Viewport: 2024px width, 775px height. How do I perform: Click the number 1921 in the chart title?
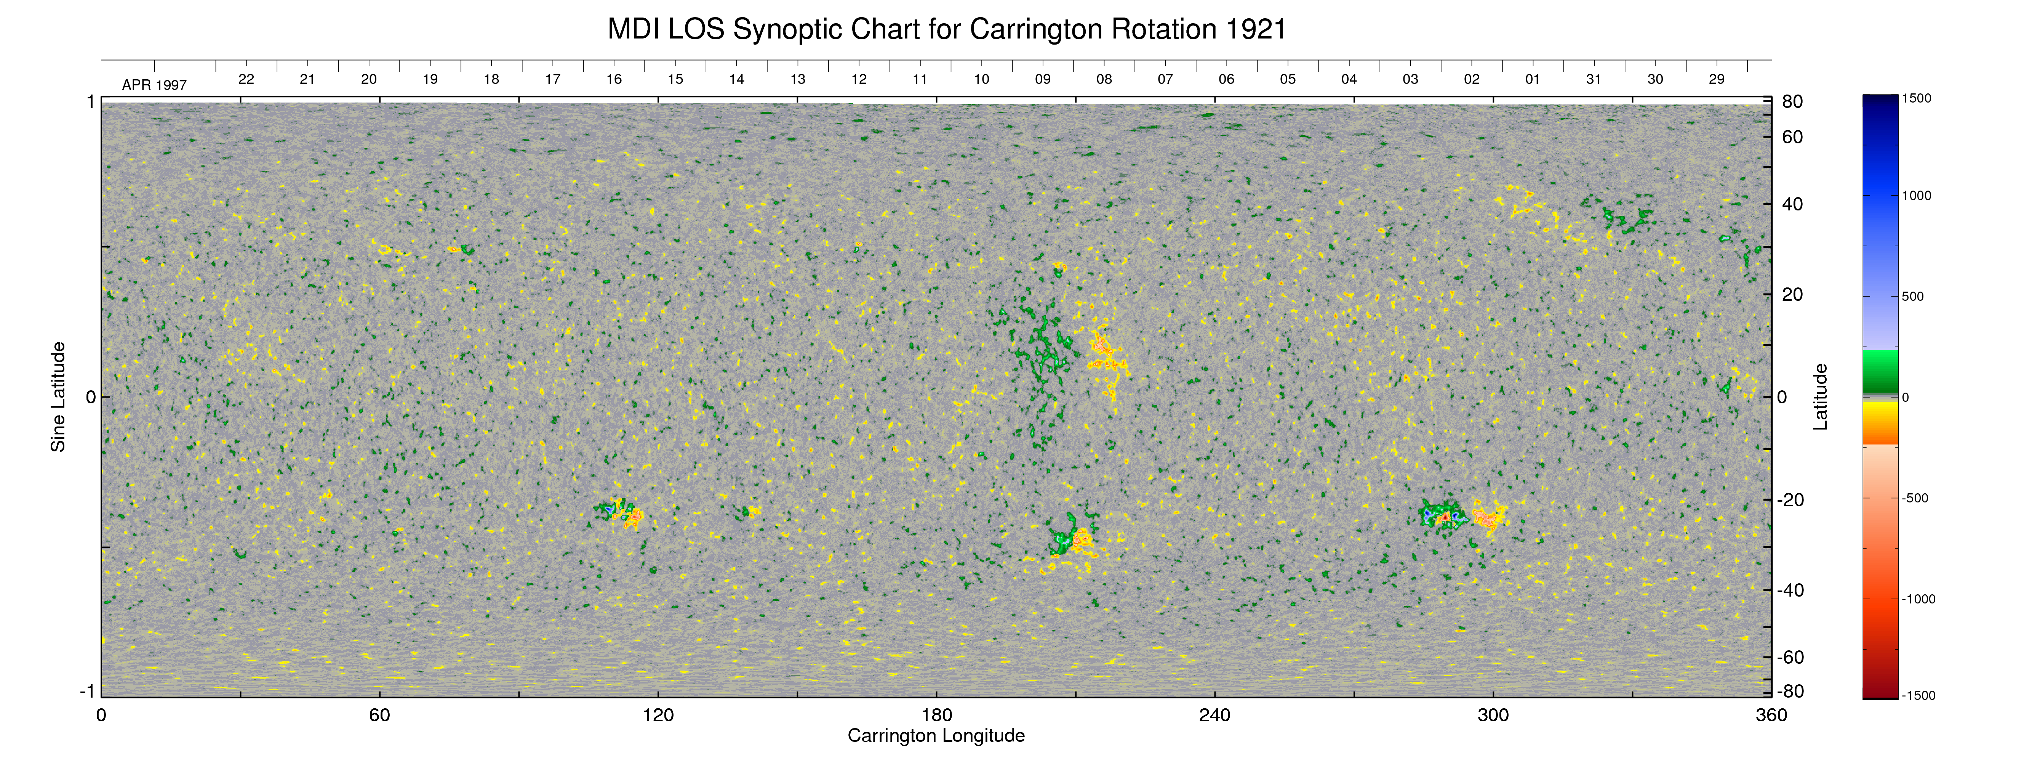coord(1254,30)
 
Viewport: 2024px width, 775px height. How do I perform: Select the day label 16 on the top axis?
coord(614,79)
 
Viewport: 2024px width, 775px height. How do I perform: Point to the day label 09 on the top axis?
coord(1043,79)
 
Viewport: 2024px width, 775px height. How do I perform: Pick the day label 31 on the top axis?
coord(1594,79)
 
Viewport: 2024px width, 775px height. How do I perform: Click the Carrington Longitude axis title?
coord(936,736)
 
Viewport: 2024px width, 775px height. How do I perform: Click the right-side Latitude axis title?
coord(1820,397)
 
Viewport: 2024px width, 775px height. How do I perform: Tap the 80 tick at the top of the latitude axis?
coord(1792,101)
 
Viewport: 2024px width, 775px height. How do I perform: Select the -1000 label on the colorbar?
coord(1918,599)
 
